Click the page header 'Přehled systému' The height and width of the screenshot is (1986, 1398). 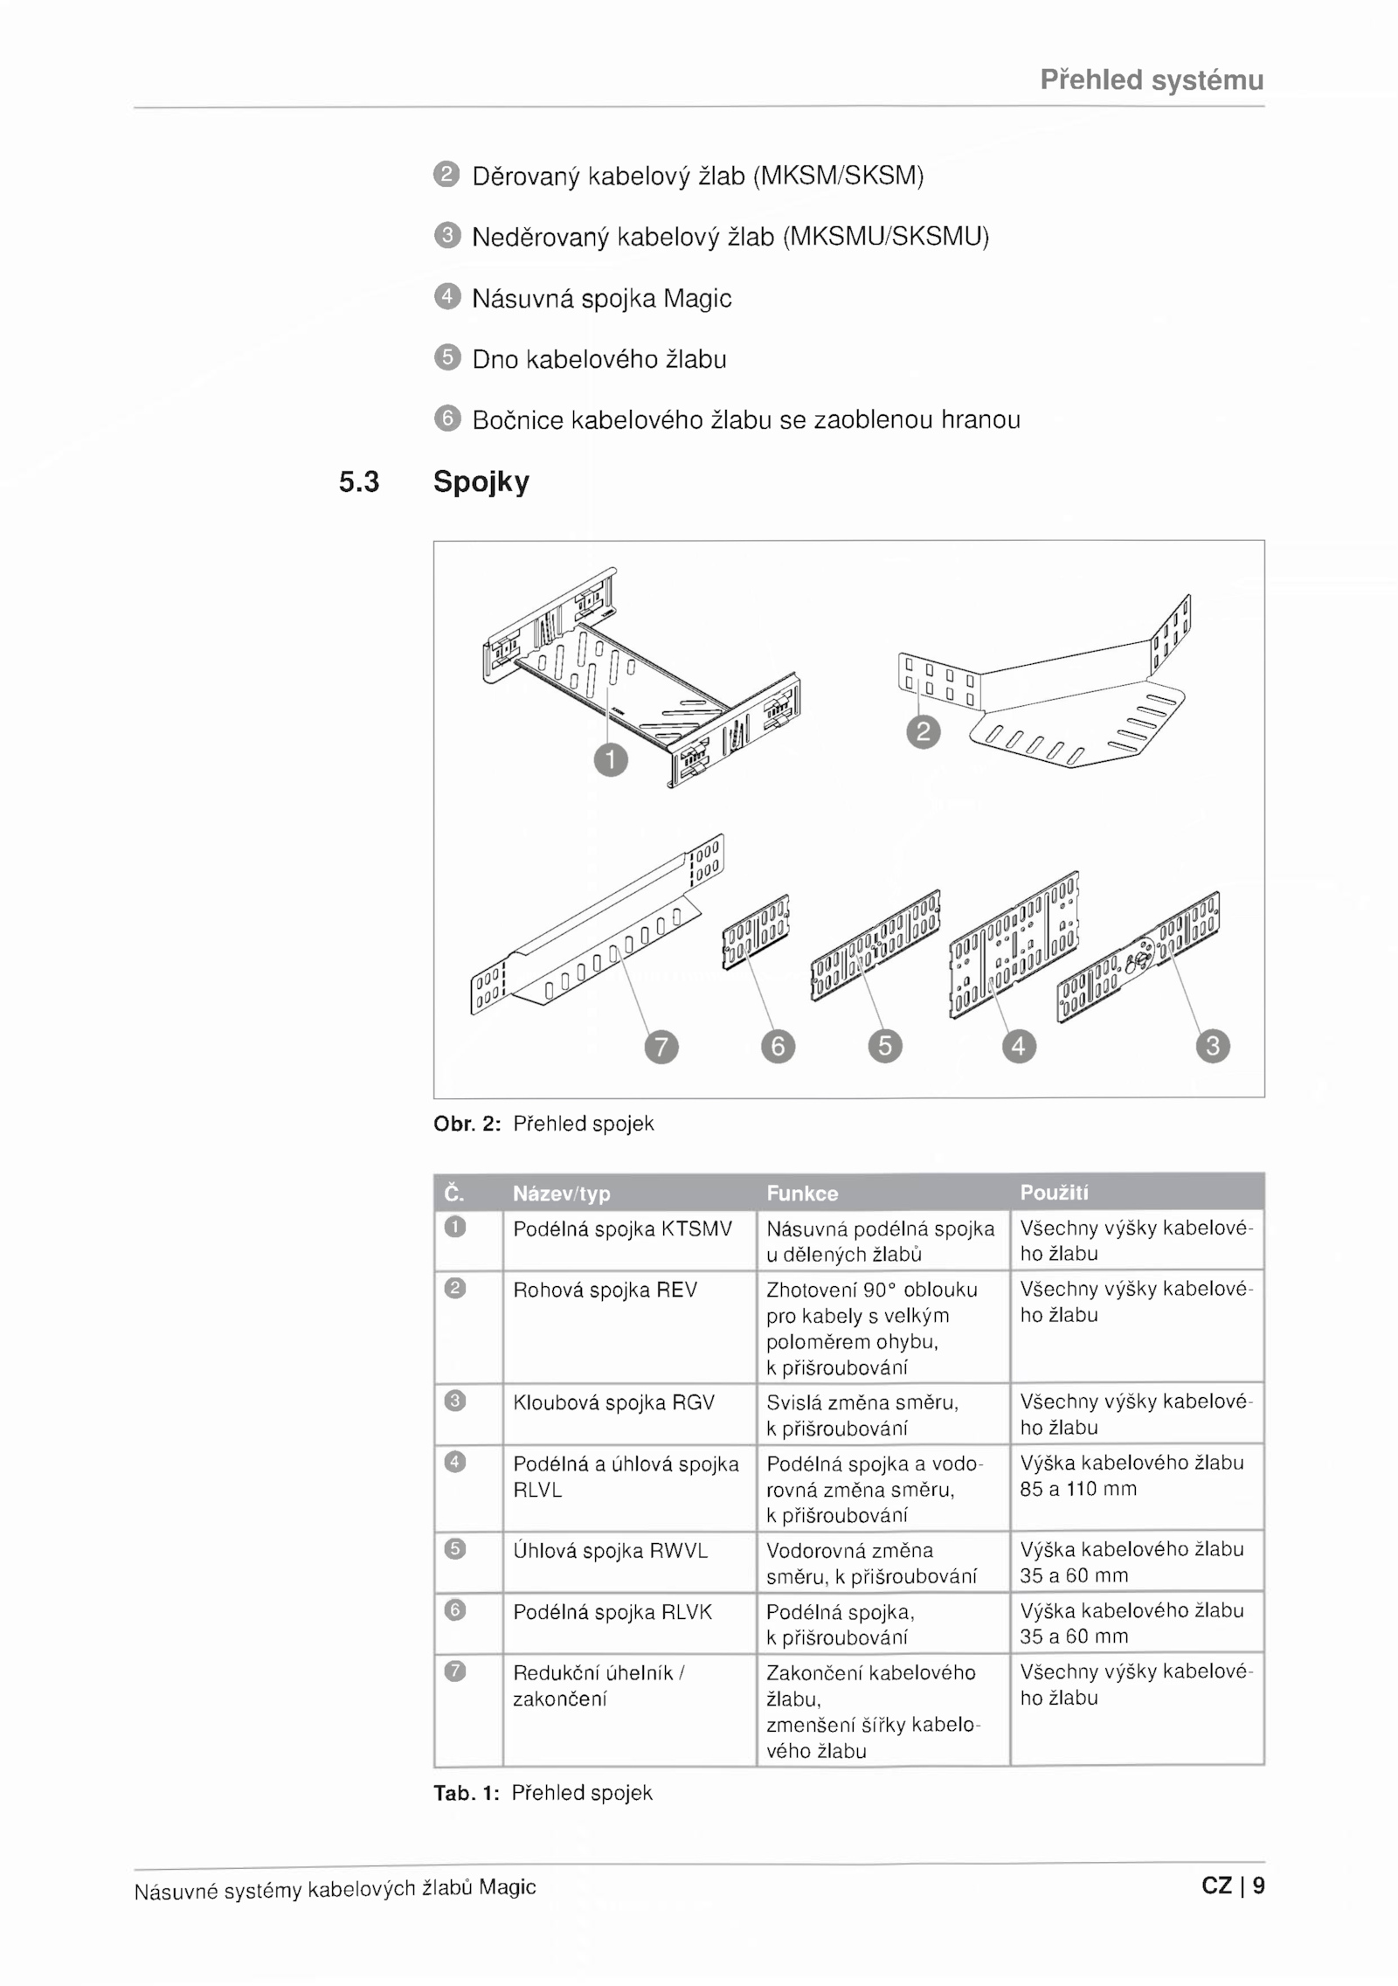(1152, 80)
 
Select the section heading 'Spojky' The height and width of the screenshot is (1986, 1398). (481, 482)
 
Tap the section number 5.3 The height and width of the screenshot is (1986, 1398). (359, 481)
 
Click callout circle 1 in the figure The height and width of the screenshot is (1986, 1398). (611, 759)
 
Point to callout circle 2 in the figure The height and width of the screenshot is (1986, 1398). (924, 731)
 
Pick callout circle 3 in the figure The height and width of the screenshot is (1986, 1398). (1213, 1046)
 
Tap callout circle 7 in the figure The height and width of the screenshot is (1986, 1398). (661, 1046)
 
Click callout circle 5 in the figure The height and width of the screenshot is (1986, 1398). (885, 1046)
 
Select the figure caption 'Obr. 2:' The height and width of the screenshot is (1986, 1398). (467, 1124)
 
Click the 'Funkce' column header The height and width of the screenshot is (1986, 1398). (802, 1193)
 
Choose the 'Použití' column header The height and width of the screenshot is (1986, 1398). (1054, 1193)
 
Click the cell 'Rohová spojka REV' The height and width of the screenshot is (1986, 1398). (605, 1290)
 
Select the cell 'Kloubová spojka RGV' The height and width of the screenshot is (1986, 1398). (613, 1402)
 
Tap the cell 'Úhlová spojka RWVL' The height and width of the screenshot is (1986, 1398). (610, 1550)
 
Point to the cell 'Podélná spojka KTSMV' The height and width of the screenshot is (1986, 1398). (622, 1229)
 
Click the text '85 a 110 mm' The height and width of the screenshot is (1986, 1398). (1078, 1489)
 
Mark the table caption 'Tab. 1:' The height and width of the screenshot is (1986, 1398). (467, 1793)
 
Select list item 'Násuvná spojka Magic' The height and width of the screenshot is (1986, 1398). (602, 299)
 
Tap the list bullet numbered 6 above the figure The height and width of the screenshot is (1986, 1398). (446, 419)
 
